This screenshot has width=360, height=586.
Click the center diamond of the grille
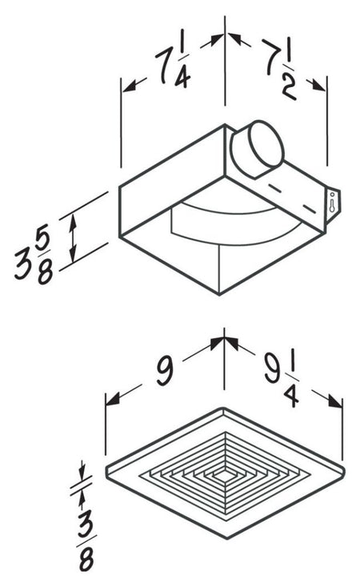pyautogui.click(x=226, y=473)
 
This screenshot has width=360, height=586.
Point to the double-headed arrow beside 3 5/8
pyautogui.click(x=74, y=239)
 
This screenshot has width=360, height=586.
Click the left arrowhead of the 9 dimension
pyautogui.click(x=110, y=397)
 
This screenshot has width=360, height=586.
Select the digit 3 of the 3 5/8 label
pyautogui.click(x=22, y=263)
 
